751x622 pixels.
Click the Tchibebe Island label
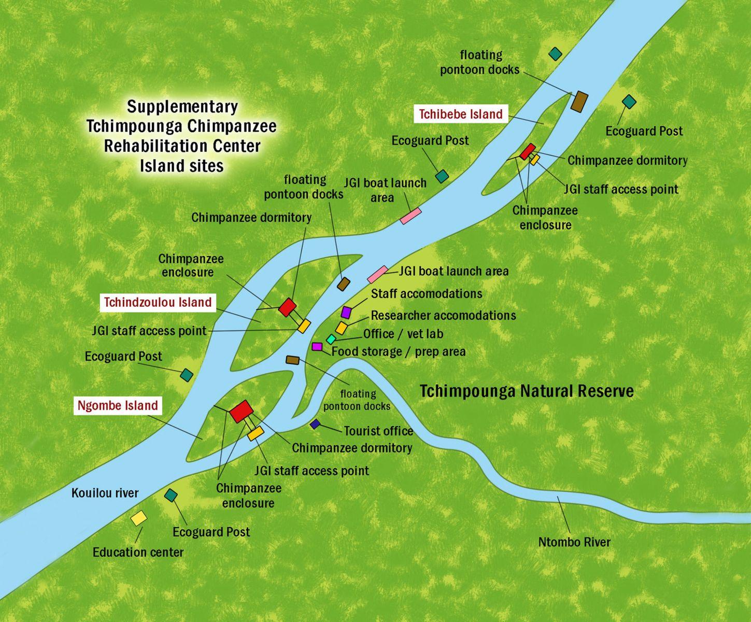click(x=460, y=114)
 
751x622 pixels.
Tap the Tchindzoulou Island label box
click(x=158, y=302)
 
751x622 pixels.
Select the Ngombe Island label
click(x=117, y=405)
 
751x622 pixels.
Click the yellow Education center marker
click(x=138, y=518)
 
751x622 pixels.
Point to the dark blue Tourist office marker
click(x=315, y=424)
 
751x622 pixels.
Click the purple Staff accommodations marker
click(x=346, y=312)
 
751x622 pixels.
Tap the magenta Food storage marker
click(x=317, y=346)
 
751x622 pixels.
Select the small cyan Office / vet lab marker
click(x=331, y=339)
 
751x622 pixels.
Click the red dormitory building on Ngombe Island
click(x=242, y=411)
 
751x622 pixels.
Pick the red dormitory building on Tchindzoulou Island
click(x=287, y=307)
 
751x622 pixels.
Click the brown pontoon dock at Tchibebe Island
click(x=579, y=101)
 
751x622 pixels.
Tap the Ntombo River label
click(x=574, y=542)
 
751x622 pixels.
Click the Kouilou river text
click(x=105, y=493)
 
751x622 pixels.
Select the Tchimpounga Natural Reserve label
click(x=526, y=391)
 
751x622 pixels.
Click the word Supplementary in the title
click(x=182, y=107)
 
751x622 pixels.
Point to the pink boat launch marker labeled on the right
click(x=377, y=274)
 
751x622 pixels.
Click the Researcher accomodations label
click(x=443, y=316)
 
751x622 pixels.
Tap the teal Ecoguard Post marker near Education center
click(x=171, y=495)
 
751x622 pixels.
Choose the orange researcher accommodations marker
click(x=341, y=328)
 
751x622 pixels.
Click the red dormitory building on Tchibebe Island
click(x=528, y=151)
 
